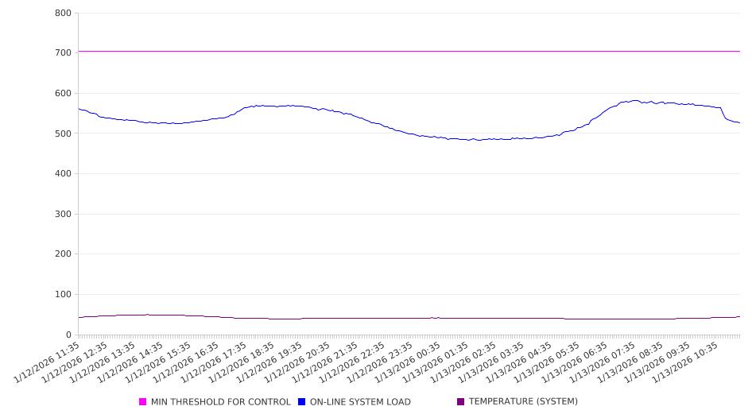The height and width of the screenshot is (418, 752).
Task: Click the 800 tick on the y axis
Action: coord(64,14)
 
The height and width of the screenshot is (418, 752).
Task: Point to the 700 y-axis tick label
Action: coord(64,53)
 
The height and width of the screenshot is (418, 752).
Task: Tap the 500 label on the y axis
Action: coord(64,134)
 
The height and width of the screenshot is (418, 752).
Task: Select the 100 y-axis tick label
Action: coord(64,295)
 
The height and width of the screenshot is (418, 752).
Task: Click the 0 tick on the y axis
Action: coord(70,335)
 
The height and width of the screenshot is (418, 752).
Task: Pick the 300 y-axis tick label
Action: coord(64,215)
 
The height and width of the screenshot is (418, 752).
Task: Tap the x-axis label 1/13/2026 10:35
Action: coord(687,362)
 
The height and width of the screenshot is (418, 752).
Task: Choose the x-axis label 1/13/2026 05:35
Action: coord(548,362)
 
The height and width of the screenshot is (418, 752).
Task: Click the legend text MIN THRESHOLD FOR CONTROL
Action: coord(220,402)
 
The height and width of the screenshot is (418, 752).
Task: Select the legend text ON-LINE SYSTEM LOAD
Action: coord(360,402)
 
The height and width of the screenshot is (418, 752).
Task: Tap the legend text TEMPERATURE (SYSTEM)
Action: coord(523,402)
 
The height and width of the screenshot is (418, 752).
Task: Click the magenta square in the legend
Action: coord(143,402)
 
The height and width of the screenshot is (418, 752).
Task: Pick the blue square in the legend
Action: coord(302,402)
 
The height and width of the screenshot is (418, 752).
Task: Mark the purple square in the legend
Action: coord(461,402)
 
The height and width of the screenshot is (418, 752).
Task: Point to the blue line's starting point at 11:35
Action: coord(79,109)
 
